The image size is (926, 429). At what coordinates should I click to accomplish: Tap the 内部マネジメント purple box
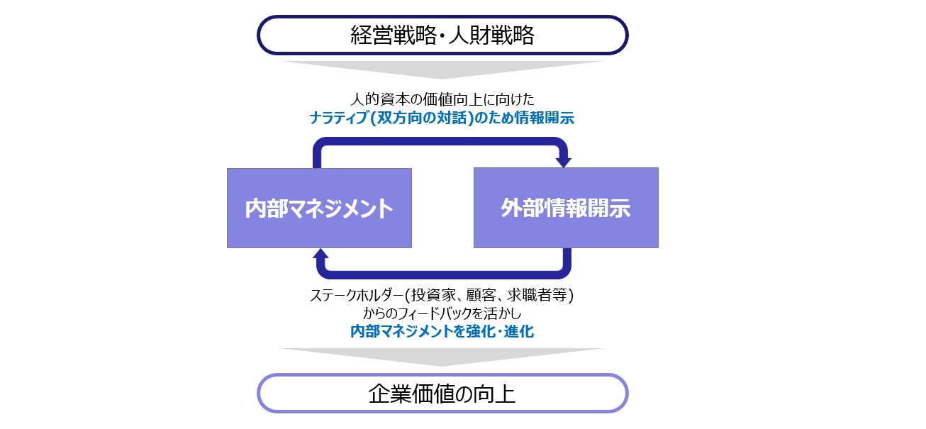pyautogui.click(x=319, y=208)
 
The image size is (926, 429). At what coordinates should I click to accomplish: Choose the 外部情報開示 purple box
pyautogui.click(x=566, y=208)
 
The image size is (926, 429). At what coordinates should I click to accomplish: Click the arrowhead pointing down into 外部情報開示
pyautogui.click(x=563, y=162)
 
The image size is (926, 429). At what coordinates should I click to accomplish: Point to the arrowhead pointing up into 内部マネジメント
pyautogui.click(x=320, y=253)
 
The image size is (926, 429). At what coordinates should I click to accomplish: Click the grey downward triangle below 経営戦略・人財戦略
pyautogui.click(x=442, y=70)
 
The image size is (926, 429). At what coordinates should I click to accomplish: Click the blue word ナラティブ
pyautogui.click(x=339, y=118)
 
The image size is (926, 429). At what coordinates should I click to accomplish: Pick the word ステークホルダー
pyautogui.click(x=357, y=296)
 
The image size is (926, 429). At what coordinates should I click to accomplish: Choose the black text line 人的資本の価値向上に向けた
pyautogui.click(x=442, y=99)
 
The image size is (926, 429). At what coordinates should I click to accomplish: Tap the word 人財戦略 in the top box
pyautogui.click(x=491, y=35)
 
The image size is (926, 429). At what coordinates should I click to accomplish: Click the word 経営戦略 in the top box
pyautogui.click(x=394, y=35)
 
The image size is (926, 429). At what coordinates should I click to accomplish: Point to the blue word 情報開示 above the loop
pyautogui.click(x=545, y=118)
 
